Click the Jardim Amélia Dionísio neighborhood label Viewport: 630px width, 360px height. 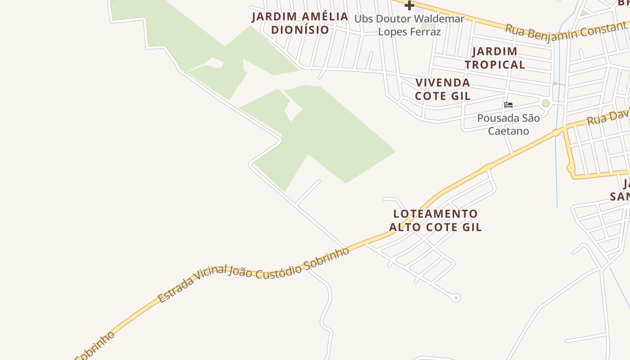(x=300, y=23)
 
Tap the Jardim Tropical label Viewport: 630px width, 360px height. (x=495, y=58)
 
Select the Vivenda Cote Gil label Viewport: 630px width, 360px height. (x=443, y=89)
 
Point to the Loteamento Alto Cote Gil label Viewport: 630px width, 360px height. (x=435, y=220)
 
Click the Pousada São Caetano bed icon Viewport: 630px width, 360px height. (x=508, y=105)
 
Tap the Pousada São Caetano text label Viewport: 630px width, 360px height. (x=508, y=125)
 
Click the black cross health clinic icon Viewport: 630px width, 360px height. (x=409, y=5)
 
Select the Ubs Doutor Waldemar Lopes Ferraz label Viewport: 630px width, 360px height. (x=409, y=25)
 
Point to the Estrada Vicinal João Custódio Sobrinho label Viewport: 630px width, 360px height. (x=253, y=274)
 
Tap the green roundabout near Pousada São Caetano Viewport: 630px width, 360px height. (x=546, y=103)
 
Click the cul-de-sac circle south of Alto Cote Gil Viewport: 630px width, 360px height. (x=456, y=297)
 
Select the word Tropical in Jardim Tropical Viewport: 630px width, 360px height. (x=495, y=64)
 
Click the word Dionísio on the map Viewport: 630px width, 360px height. (x=300, y=30)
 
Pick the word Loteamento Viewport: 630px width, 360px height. (x=435, y=214)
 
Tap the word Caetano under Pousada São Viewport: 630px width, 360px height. (x=508, y=131)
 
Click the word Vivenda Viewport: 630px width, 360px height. (x=443, y=83)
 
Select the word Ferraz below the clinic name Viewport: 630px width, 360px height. (x=425, y=32)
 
